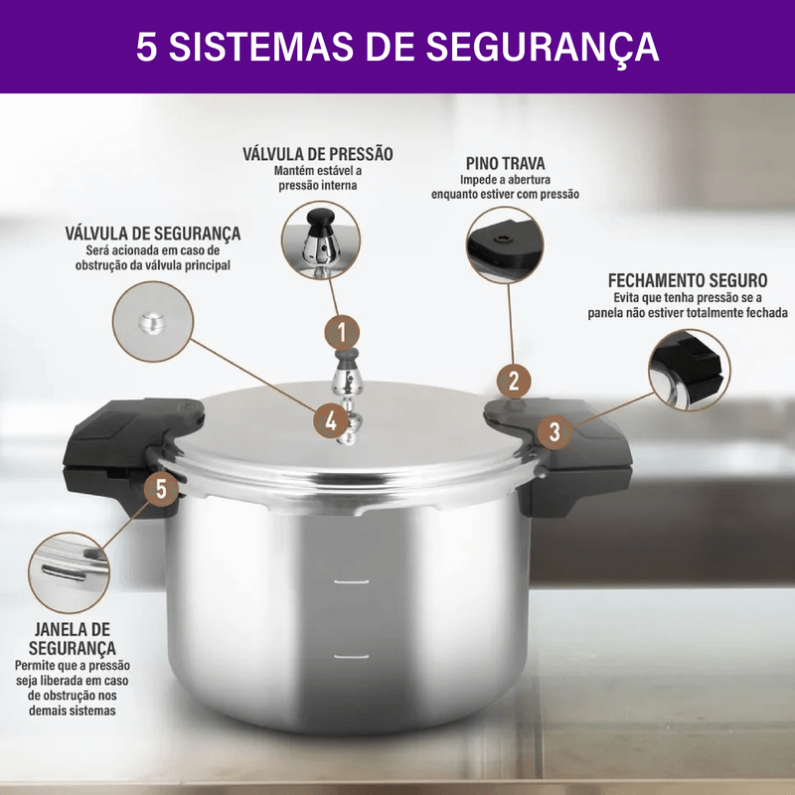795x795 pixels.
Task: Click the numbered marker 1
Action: (342, 332)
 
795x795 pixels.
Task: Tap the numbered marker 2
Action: (514, 381)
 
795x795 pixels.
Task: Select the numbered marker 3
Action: (556, 431)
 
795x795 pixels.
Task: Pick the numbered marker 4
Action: (331, 420)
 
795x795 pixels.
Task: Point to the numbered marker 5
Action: (161, 489)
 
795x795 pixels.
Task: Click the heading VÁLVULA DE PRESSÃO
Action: (318, 154)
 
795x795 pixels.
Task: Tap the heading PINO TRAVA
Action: (506, 163)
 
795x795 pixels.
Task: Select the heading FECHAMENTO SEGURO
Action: (688, 280)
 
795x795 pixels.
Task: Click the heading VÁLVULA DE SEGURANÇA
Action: (153, 234)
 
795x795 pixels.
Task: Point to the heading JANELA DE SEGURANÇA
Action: (72, 639)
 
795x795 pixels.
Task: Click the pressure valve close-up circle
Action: (321, 239)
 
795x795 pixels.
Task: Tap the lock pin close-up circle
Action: (505, 244)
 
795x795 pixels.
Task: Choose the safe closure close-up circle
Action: (690, 370)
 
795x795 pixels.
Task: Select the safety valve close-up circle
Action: (153, 321)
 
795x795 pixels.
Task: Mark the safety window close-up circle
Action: (69, 572)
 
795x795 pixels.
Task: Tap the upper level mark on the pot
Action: (352, 581)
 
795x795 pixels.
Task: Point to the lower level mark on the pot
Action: (352, 657)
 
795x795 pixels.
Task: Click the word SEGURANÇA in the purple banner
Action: (542, 47)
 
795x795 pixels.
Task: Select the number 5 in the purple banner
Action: (146, 47)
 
